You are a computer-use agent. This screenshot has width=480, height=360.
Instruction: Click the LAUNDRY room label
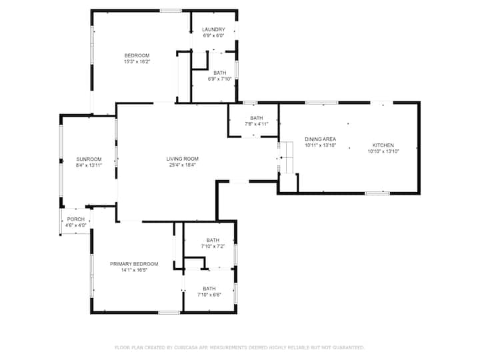213,29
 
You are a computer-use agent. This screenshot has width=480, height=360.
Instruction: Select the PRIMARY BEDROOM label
134,264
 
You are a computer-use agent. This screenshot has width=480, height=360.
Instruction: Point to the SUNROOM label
89,159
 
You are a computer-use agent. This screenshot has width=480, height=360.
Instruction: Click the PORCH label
75,219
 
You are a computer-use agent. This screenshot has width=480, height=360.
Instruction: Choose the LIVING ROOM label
183,159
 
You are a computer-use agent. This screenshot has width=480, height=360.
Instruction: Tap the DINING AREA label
320,139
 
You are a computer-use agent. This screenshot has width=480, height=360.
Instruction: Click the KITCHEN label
383,145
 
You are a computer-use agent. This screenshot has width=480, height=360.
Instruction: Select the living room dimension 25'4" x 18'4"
183,165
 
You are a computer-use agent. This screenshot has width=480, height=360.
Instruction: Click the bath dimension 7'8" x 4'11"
257,124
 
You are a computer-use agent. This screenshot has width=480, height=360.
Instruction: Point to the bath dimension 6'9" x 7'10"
220,79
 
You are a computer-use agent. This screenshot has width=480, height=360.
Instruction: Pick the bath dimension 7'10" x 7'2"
213,246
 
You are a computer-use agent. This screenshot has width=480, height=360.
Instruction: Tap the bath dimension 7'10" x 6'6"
209,295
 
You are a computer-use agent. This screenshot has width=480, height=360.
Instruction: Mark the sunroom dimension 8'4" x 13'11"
89,165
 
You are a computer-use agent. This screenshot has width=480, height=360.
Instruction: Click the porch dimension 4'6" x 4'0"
75,225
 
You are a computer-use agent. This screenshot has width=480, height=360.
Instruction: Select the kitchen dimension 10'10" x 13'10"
383,151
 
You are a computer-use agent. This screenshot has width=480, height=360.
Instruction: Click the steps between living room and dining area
287,157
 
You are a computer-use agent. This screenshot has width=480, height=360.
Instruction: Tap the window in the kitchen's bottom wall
377,193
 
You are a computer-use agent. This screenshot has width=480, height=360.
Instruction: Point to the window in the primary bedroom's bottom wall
169,313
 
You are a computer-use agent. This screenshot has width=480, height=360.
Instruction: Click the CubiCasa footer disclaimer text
239,347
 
